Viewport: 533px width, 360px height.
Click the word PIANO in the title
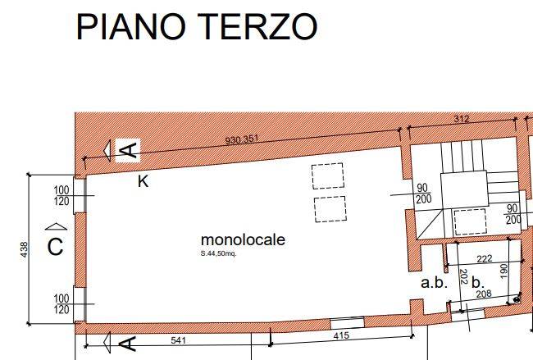[x=131, y=26]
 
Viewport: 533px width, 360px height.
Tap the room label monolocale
[x=243, y=240]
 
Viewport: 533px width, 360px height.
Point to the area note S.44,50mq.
[x=218, y=253]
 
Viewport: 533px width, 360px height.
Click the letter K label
[x=143, y=181]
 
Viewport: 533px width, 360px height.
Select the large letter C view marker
[x=55, y=247]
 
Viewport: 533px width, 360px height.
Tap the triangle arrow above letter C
[x=55, y=226]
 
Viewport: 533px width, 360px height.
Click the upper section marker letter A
[x=129, y=150]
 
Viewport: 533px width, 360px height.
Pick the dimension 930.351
[x=242, y=139]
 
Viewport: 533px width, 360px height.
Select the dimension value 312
[x=462, y=119]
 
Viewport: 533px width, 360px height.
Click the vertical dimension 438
[x=24, y=247]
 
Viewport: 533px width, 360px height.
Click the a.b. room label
[x=434, y=283]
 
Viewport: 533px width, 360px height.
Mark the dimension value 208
[x=484, y=294]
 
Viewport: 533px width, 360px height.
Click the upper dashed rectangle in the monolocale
[x=327, y=176]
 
